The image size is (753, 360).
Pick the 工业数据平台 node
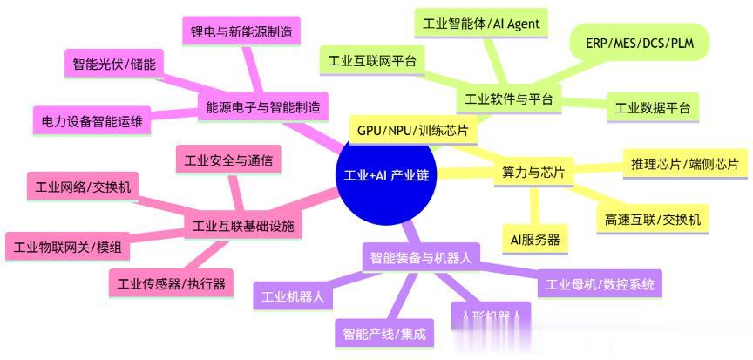tap(652, 108)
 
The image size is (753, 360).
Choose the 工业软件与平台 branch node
tap(509, 98)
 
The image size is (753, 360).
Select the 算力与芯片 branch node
tap(534, 173)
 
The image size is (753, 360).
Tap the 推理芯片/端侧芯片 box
tap(683, 163)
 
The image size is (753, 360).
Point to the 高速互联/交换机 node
tap(653, 220)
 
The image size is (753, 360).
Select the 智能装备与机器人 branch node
tap(421, 257)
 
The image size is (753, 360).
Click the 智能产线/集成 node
tap(383, 333)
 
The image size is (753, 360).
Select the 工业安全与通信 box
tap(227, 160)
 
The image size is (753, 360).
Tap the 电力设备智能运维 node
tap(92, 120)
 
